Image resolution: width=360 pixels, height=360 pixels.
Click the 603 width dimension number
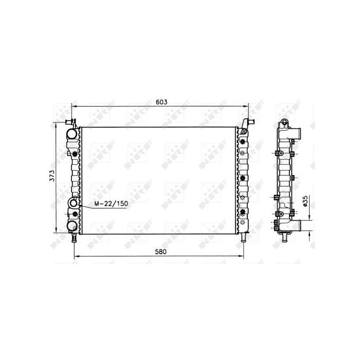162,102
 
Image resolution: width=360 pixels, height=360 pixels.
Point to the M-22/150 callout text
111,204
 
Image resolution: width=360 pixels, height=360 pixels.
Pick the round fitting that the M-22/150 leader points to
73,204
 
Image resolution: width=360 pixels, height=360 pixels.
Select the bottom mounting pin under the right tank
243,238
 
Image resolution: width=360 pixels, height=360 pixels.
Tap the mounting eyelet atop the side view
284,122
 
